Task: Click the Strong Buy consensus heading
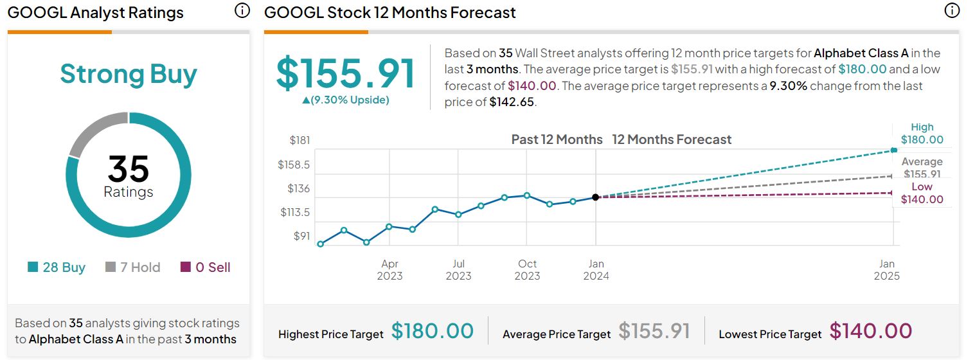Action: coord(129,75)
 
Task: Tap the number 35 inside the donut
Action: coord(129,169)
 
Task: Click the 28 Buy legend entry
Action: coord(57,267)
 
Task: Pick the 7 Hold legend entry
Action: coord(132,267)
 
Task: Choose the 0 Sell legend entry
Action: coord(206,267)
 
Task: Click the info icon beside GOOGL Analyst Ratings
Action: coord(242,11)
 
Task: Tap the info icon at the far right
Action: coord(952,11)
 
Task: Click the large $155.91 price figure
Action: coord(346,73)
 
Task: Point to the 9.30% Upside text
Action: coord(346,100)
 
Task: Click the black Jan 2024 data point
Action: coord(596,197)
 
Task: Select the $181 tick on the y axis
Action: coord(299,140)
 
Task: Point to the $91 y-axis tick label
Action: coord(301,236)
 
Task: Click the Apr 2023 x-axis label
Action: coord(389,270)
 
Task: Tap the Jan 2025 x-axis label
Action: coord(886,270)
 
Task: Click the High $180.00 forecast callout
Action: coord(922,134)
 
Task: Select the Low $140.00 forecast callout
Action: coord(922,193)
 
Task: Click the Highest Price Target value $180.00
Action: coord(433,331)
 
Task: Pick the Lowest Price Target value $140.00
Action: coord(871,331)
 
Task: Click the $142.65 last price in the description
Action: coord(512,102)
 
